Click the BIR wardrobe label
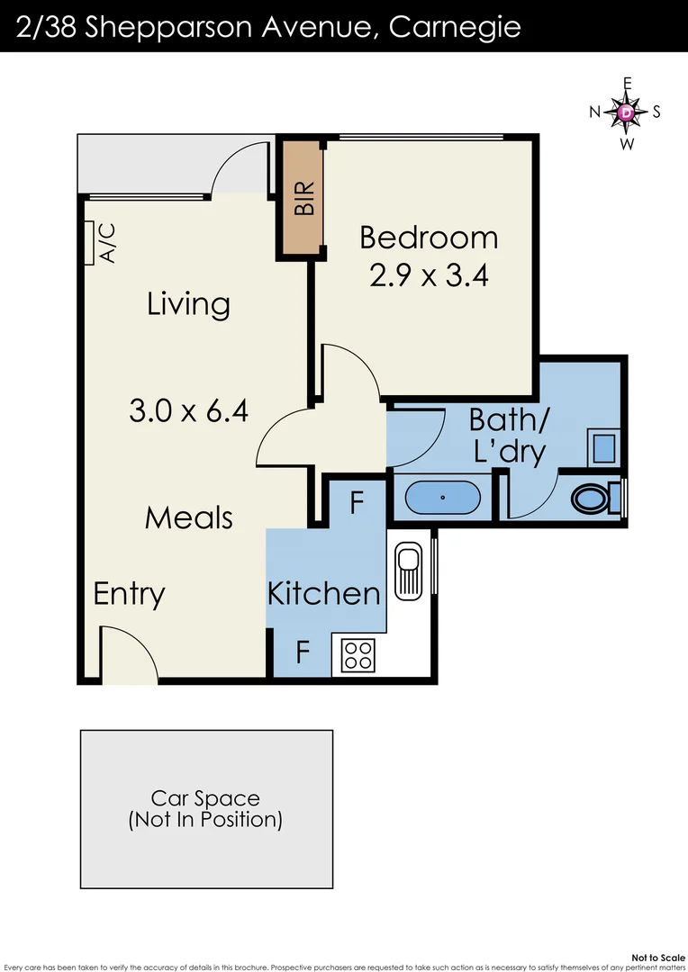tap(304, 198)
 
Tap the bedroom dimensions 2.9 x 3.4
tap(429, 274)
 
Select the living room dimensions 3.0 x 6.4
tap(189, 412)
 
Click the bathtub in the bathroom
tap(442, 497)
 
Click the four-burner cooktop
tap(358, 655)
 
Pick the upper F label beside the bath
tap(356, 503)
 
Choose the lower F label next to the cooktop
tap(303, 651)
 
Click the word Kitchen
tap(324, 593)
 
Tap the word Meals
tap(189, 517)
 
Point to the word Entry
tap(130, 594)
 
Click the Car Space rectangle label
tap(205, 808)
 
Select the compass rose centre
tap(627, 112)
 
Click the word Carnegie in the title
tap(455, 26)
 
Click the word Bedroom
tap(429, 238)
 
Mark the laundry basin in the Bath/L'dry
tap(602, 446)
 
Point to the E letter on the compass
tap(628, 84)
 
